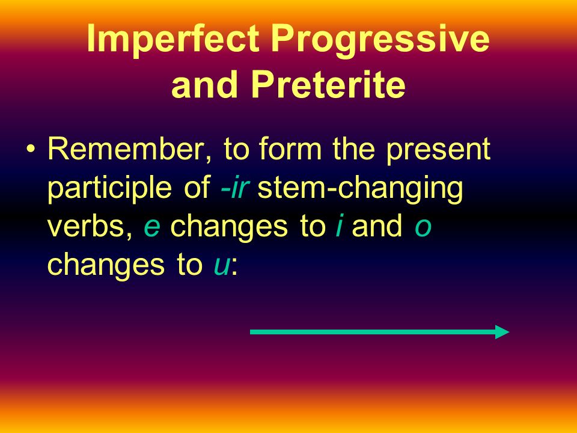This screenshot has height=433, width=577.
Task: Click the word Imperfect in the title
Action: pyautogui.click(x=172, y=38)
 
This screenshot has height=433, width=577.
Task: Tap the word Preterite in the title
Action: pyautogui.click(x=328, y=85)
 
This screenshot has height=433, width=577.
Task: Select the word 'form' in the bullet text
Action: pyautogui.click(x=290, y=149)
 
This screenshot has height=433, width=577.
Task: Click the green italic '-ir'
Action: pyautogui.click(x=235, y=188)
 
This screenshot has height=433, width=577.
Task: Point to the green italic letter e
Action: pyautogui.click(x=152, y=229)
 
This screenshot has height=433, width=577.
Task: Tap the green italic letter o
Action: pyautogui.click(x=423, y=229)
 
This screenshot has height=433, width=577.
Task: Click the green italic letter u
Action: pyautogui.click(x=222, y=266)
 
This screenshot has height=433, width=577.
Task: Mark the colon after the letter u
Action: pyautogui.click(x=234, y=266)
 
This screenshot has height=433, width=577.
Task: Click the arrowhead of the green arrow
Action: pyautogui.click(x=502, y=332)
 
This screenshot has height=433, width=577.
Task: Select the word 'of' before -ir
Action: pyautogui.click(x=197, y=187)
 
